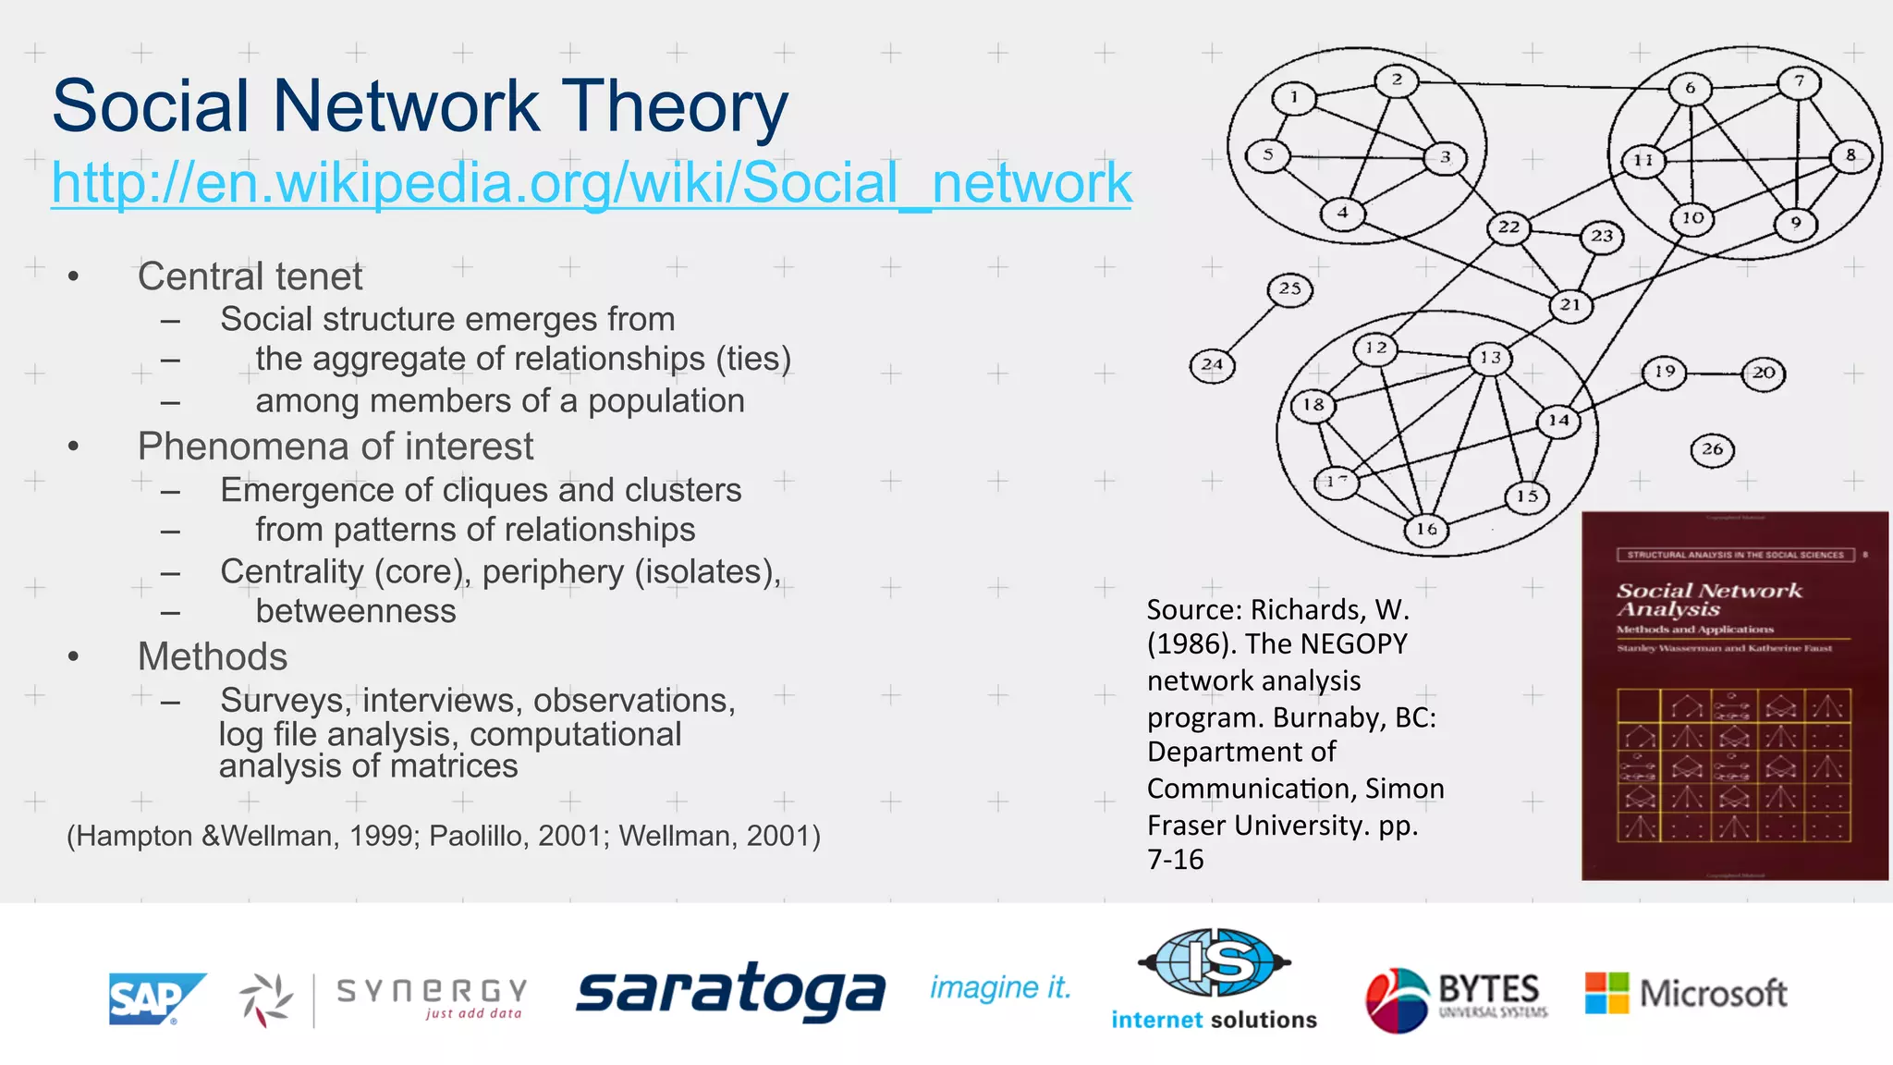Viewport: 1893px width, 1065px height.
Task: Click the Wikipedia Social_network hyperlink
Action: tap(591, 182)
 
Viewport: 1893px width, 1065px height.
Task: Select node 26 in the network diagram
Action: tap(1712, 450)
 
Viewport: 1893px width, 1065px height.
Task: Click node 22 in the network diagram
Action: tap(1508, 227)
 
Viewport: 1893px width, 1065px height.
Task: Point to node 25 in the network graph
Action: tap(1289, 289)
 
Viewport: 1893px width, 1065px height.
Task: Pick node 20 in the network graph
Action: tap(1763, 373)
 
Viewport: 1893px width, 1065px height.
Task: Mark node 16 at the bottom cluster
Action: tap(1426, 529)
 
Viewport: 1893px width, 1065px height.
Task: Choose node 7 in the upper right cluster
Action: tap(1799, 81)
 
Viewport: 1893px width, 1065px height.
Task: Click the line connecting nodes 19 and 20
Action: tap(1714, 373)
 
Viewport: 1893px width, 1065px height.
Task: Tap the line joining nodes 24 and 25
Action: tap(1251, 327)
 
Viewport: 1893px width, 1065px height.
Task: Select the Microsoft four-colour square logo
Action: tap(1606, 993)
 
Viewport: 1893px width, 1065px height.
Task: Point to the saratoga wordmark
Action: tap(730, 991)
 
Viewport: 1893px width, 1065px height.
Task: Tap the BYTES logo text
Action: tap(1488, 989)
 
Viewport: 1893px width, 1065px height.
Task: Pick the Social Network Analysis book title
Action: tap(1708, 599)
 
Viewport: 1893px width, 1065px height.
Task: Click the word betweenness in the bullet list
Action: tap(356, 611)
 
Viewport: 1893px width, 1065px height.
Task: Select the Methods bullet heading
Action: tap(213, 656)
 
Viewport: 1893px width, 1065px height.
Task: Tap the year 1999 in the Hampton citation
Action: tap(384, 836)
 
